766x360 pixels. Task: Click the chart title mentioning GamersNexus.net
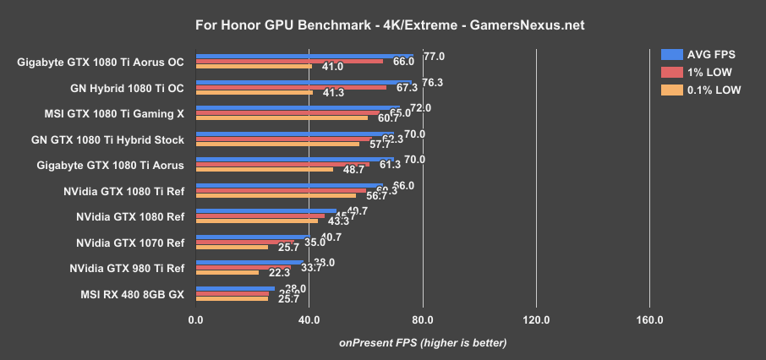(x=383, y=25)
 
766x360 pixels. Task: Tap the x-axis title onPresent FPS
(x=423, y=343)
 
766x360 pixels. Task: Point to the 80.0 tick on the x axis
(x=423, y=319)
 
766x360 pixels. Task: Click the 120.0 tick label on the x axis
(x=536, y=319)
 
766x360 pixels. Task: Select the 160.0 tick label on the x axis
(x=649, y=319)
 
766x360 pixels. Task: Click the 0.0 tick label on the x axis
(x=196, y=319)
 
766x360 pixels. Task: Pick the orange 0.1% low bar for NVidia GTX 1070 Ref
(x=232, y=248)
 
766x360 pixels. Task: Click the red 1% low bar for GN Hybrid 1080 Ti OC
(x=291, y=87)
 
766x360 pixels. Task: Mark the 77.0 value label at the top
(x=434, y=57)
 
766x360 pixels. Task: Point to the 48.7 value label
(x=353, y=170)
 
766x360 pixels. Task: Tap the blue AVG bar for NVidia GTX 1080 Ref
(x=266, y=211)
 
